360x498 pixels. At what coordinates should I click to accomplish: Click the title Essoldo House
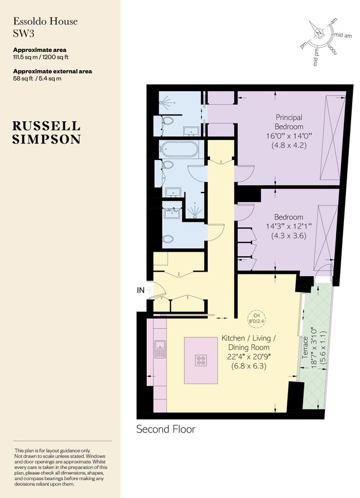tap(45, 22)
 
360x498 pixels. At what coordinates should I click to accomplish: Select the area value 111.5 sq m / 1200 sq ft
tap(40, 57)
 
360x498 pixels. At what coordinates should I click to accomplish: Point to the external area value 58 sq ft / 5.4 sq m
tap(37, 79)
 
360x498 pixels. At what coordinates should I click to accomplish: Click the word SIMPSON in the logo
tap(46, 139)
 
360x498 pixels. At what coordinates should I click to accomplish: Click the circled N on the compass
tap(319, 33)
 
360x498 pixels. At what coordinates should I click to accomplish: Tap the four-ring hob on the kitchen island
tap(200, 360)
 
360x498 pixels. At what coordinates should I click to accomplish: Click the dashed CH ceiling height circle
tap(255, 319)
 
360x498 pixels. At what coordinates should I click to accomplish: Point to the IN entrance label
tap(142, 289)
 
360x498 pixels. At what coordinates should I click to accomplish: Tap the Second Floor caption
tap(166, 429)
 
